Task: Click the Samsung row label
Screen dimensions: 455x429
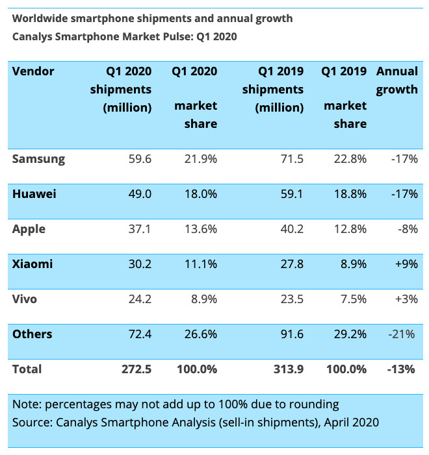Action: tap(39, 159)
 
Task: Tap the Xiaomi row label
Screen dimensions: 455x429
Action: tap(32, 264)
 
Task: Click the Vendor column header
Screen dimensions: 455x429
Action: tap(33, 71)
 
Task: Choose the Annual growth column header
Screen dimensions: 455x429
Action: tap(397, 80)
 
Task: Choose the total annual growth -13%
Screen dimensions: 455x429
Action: tap(403, 369)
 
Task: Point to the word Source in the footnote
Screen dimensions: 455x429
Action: tap(31, 423)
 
